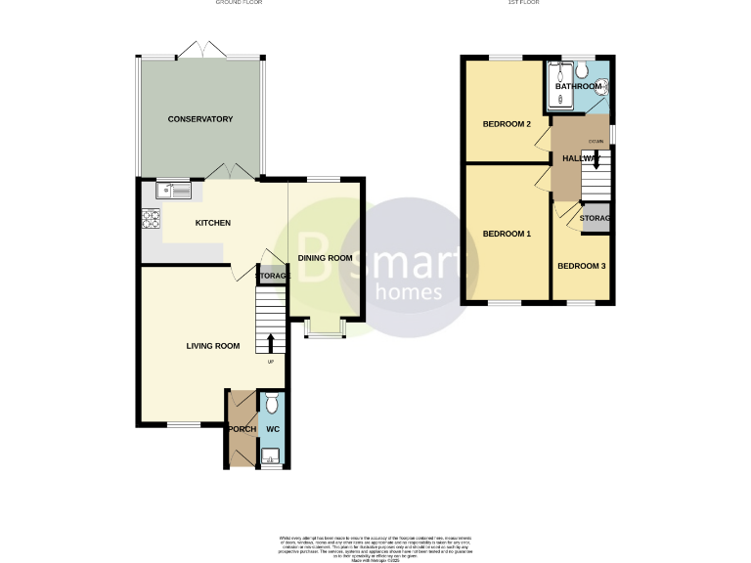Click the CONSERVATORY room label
pyautogui.click(x=199, y=119)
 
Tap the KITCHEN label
pyautogui.click(x=212, y=223)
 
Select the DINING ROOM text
pyautogui.click(x=325, y=258)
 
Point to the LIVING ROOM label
pyautogui.click(x=213, y=345)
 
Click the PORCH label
pyautogui.click(x=242, y=429)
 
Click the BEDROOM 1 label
pyautogui.click(x=507, y=234)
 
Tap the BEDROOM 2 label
pyautogui.click(x=507, y=124)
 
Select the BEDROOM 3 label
pyautogui.click(x=582, y=266)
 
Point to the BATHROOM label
pyautogui.click(x=578, y=87)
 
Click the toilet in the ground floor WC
pyautogui.click(x=272, y=402)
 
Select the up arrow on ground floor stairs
pyautogui.click(x=271, y=342)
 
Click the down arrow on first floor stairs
pyautogui.click(x=596, y=161)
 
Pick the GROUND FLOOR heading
pyautogui.click(x=239, y=3)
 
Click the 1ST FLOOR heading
pyautogui.click(x=524, y=3)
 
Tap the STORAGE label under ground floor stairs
pyautogui.click(x=273, y=277)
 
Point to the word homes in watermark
pyautogui.click(x=410, y=291)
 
